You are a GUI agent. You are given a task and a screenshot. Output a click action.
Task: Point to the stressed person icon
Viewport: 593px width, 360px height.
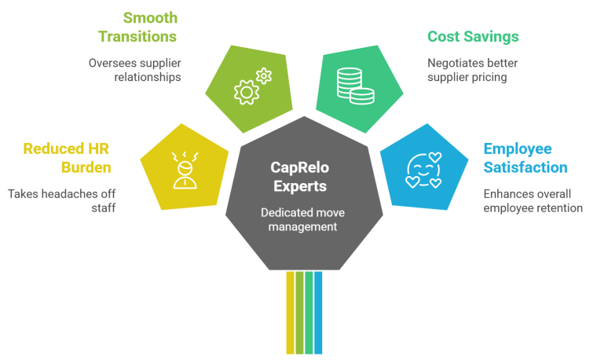tap(185, 167)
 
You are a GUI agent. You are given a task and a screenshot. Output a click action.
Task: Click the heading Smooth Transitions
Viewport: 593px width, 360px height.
tap(138, 27)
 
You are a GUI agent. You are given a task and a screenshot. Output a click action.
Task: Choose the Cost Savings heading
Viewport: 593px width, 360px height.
tap(473, 37)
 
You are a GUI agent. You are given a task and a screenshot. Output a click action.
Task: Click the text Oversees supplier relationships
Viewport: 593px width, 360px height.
tap(134, 70)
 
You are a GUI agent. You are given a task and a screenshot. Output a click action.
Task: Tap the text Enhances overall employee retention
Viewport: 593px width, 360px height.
tap(533, 200)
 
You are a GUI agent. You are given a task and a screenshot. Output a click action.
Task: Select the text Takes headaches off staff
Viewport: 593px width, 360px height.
tap(62, 200)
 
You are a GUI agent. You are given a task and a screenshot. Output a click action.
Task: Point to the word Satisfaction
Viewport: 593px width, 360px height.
tap(525, 167)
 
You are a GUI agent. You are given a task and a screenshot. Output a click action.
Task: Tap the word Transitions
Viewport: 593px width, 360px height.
tap(138, 36)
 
